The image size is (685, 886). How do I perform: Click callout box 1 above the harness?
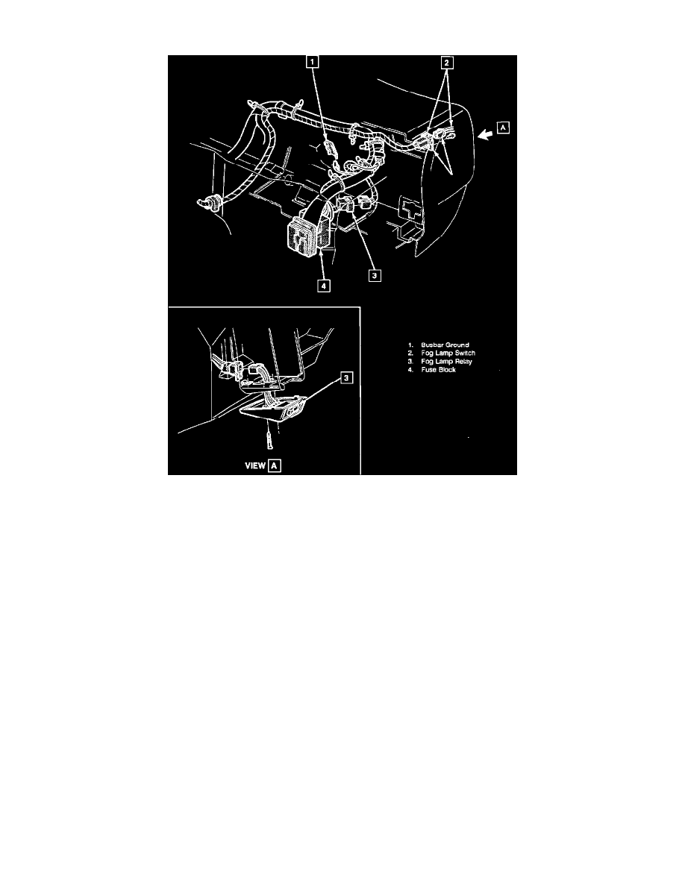click(x=313, y=61)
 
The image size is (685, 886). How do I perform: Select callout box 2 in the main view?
click(x=446, y=62)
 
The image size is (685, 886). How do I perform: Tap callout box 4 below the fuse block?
click(x=323, y=286)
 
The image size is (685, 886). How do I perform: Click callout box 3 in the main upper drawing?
click(x=374, y=276)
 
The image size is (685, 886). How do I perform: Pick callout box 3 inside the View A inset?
click(x=347, y=377)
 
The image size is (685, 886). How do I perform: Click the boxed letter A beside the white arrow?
click(x=503, y=127)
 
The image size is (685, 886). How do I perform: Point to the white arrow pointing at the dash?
click(x=485, y=134)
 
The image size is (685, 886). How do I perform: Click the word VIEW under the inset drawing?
click(x=255, y=465)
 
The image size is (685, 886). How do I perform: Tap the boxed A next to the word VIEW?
click(x=275, y=465)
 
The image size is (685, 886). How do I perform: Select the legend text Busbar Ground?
click(x=445, y=345)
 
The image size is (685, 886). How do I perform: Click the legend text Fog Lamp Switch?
click(x=448, y=354)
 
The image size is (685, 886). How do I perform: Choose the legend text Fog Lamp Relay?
click(x=446, y=362)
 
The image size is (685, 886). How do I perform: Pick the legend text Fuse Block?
click(x=439, y=370)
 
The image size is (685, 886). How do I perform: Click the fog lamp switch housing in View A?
click(x=274, y=407)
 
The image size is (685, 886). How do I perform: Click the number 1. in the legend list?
click(x=411, y=345)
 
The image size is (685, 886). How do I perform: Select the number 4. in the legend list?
click(x=411, y=370)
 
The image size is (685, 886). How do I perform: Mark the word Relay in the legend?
click(x=463, y=362)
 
